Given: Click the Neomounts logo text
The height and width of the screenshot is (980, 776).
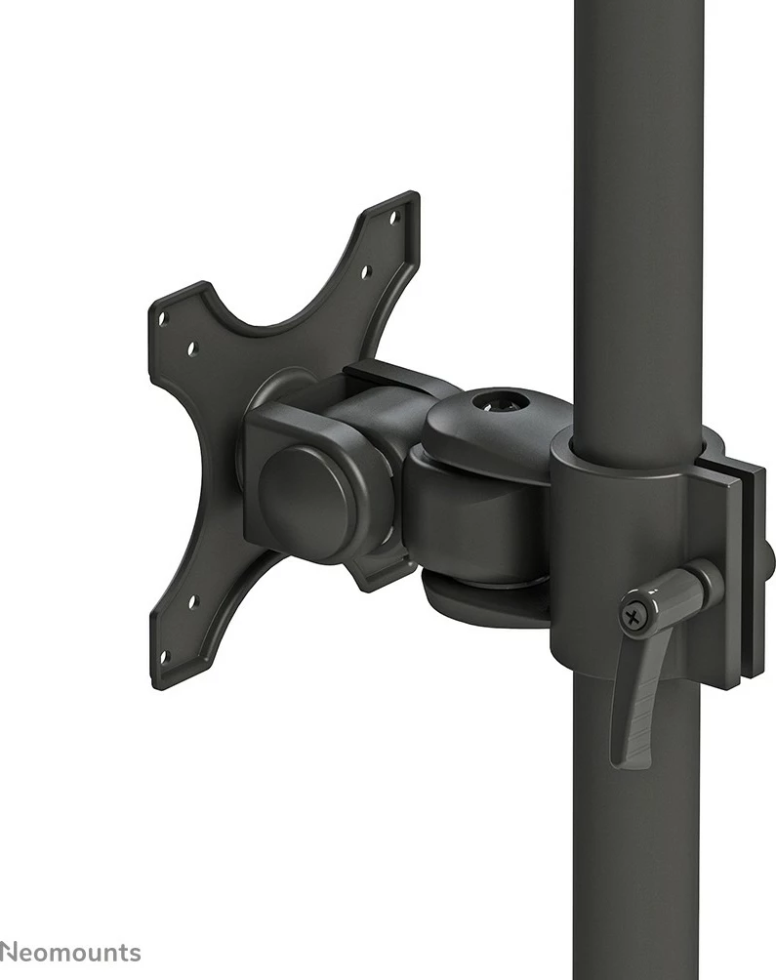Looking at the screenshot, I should (69, 953).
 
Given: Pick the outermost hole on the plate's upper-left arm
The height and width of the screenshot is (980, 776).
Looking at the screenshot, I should (164, 317).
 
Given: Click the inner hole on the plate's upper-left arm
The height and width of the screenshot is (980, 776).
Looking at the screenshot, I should (191, 348).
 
